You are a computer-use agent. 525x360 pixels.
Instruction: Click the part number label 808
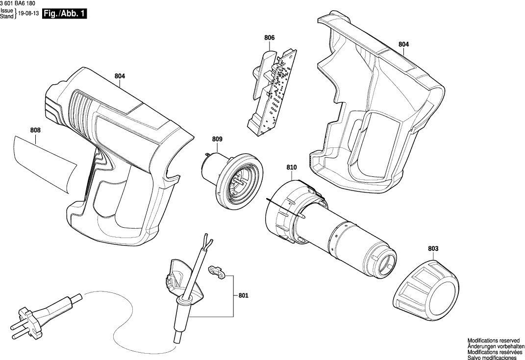click(x=35, y=130)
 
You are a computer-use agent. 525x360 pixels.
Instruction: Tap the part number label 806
click(x=269, y=38)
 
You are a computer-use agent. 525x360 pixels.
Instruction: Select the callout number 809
click(x=217, y=140)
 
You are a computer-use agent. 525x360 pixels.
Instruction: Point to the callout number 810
click(x=292, y=168)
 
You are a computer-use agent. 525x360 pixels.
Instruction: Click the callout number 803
click(x=433, y=249)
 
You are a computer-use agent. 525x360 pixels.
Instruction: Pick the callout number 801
click(x=244, y=296)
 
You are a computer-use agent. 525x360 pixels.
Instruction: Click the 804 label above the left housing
click(x=120, y=76)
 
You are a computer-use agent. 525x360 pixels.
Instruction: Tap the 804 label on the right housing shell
click(x=403, y=44)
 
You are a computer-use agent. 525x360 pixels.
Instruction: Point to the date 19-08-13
click(x=28, y=14)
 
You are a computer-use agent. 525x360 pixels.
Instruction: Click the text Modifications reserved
click(x=493, y=340)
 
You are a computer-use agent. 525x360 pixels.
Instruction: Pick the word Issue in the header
click(x=7, y=11)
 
